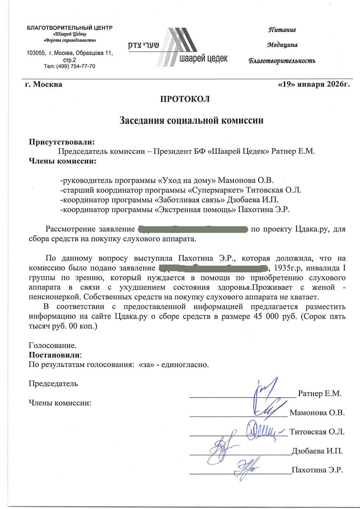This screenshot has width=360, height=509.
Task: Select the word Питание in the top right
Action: click(x=282, y=30)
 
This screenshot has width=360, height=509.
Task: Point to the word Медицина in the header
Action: click(x=282, y=45)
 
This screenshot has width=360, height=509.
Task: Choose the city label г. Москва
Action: click(x=44, y=85)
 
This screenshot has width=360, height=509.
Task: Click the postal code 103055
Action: click(x=36, y=53)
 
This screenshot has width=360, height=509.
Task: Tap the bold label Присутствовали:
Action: click(x=62, y=142)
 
